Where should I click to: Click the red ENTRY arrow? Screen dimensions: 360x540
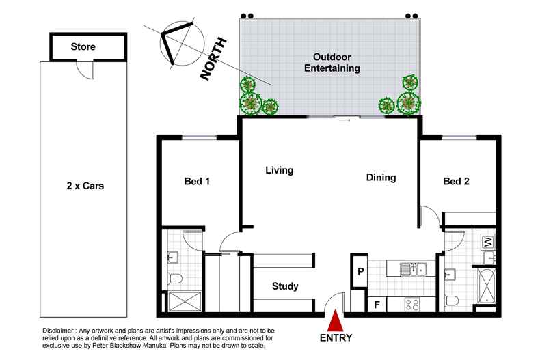(335, 320)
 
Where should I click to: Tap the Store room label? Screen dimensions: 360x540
(83, 47)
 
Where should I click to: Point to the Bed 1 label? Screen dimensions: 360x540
(198, 181)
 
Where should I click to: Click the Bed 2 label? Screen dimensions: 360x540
(457, 181)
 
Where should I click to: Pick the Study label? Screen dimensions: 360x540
(285, 286)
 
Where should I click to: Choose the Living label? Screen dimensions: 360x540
(279, 170)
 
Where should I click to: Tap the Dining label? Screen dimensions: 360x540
(381, 178)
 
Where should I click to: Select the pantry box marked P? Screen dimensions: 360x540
(360, 272)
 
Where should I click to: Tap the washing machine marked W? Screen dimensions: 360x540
(488, 242)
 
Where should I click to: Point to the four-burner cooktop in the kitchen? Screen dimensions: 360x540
(413, 304)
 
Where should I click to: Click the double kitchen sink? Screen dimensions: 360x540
(414, 269)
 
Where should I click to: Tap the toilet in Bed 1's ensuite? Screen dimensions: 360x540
(176, 278)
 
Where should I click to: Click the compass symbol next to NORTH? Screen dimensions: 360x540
(176, 42)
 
